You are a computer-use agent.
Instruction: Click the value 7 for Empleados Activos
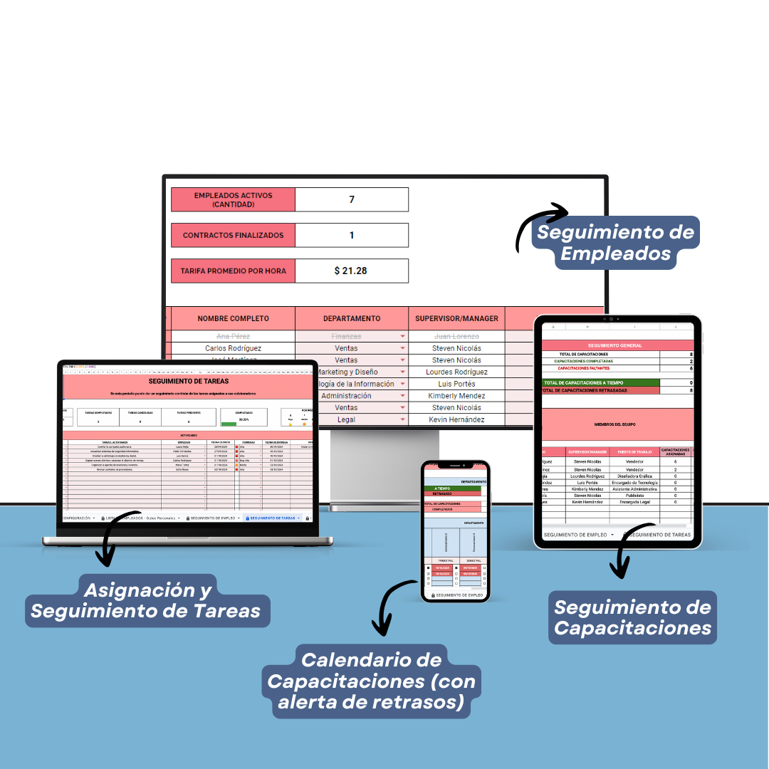coord(352,199)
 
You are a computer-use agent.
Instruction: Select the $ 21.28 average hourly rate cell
coord(352,271)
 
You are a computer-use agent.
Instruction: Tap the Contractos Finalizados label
coord(233,235)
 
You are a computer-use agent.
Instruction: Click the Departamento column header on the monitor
coord(352,318)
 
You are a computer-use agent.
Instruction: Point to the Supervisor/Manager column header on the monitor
coord(456,318)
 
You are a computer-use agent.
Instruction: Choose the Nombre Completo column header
coord(233,318)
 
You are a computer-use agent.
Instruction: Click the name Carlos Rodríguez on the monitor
coord(233,348)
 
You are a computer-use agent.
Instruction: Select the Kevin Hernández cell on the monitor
coord(456,420)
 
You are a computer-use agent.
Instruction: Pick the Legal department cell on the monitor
coord(346,420)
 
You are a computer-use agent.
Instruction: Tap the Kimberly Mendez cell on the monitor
coord(456,396)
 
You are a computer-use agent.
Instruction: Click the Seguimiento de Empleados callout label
coord(615,243)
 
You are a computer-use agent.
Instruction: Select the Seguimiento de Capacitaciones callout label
coord(632,617)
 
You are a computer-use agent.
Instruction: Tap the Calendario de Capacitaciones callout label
coord(372,680)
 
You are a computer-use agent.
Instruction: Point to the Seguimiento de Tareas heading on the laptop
coord(188,382)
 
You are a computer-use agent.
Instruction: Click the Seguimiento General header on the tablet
coord(615,345)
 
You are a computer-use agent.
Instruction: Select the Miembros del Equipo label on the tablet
coord(615,424)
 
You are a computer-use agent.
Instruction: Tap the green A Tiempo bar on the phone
coord(452,488)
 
